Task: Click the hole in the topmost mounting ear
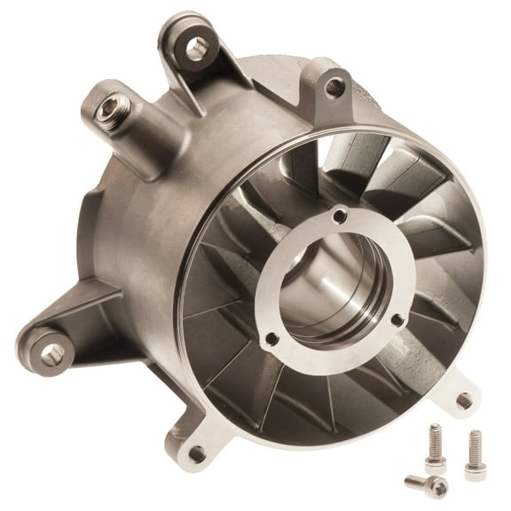pos(197,48)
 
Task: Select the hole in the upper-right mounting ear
pos(334,86)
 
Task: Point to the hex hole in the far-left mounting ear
pos(51,355)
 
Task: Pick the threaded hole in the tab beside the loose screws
pos(463,400)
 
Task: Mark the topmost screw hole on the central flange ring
pos(341,214)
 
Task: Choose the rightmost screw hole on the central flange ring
pos(396,320)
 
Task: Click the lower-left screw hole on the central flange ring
pos(271,338)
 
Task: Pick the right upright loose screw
pos(476,454)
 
